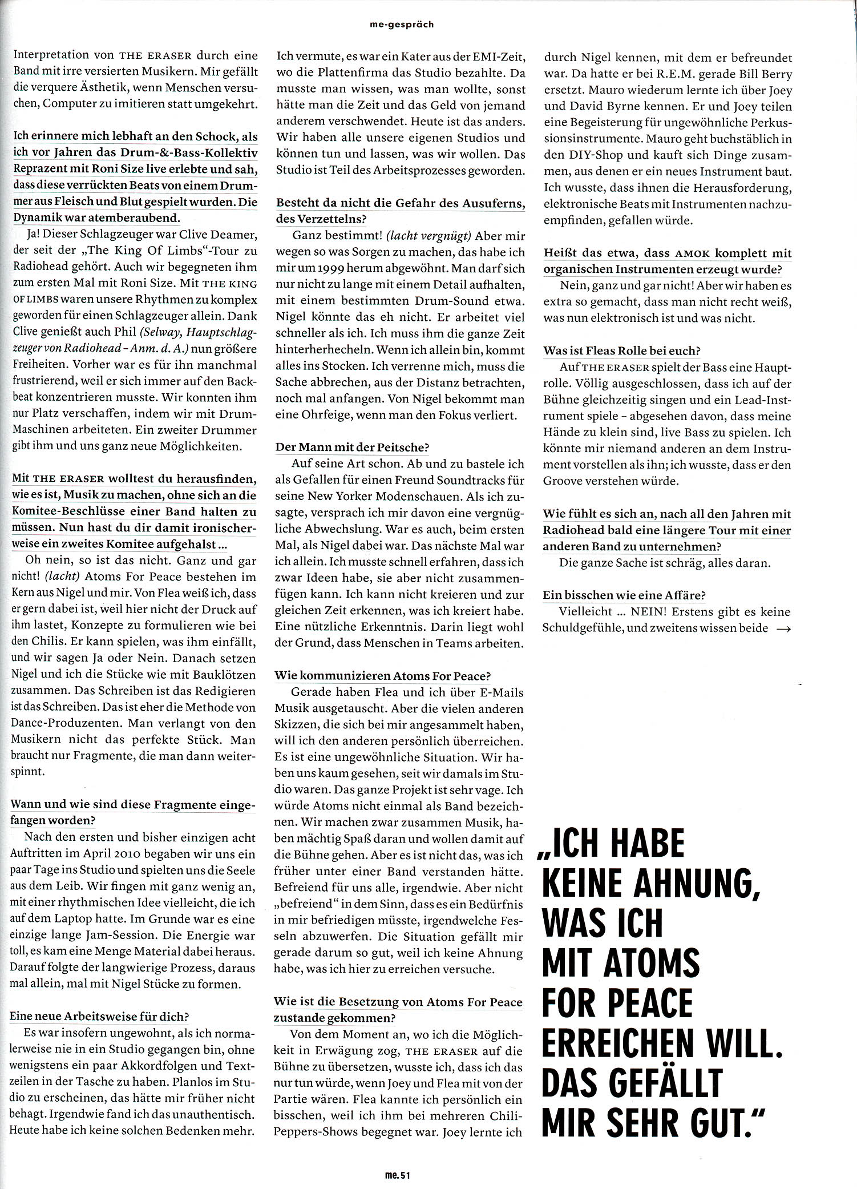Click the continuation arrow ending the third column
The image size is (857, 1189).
783,628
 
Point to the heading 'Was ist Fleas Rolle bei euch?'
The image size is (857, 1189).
622,351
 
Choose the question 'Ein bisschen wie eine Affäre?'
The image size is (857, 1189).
624,595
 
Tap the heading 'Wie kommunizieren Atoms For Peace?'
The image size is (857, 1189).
382,676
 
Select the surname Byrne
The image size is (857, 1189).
619,107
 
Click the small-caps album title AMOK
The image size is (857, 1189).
693,253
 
